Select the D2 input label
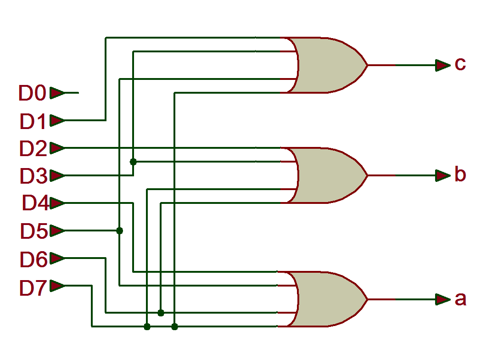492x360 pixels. click(33, 149)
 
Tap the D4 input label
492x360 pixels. click(35, 203)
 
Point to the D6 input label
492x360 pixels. click(33, 259)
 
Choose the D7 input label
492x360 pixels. click(33, 288)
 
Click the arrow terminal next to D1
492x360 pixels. click(57, 120)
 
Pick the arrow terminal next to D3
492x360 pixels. click(57, 175)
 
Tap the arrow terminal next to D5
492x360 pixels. click(57, 231)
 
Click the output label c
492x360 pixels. click(460, 64)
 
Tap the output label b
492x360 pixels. click(460, 174)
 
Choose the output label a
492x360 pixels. click(460, 299)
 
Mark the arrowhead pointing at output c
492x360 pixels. click(442, 65)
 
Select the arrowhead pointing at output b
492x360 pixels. click(442, 175)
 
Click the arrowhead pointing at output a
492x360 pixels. click(442, 299)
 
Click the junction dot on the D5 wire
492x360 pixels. click(120, 231)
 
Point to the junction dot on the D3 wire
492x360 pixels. click(133, 162)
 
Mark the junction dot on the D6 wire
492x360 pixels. click(161, 313)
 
